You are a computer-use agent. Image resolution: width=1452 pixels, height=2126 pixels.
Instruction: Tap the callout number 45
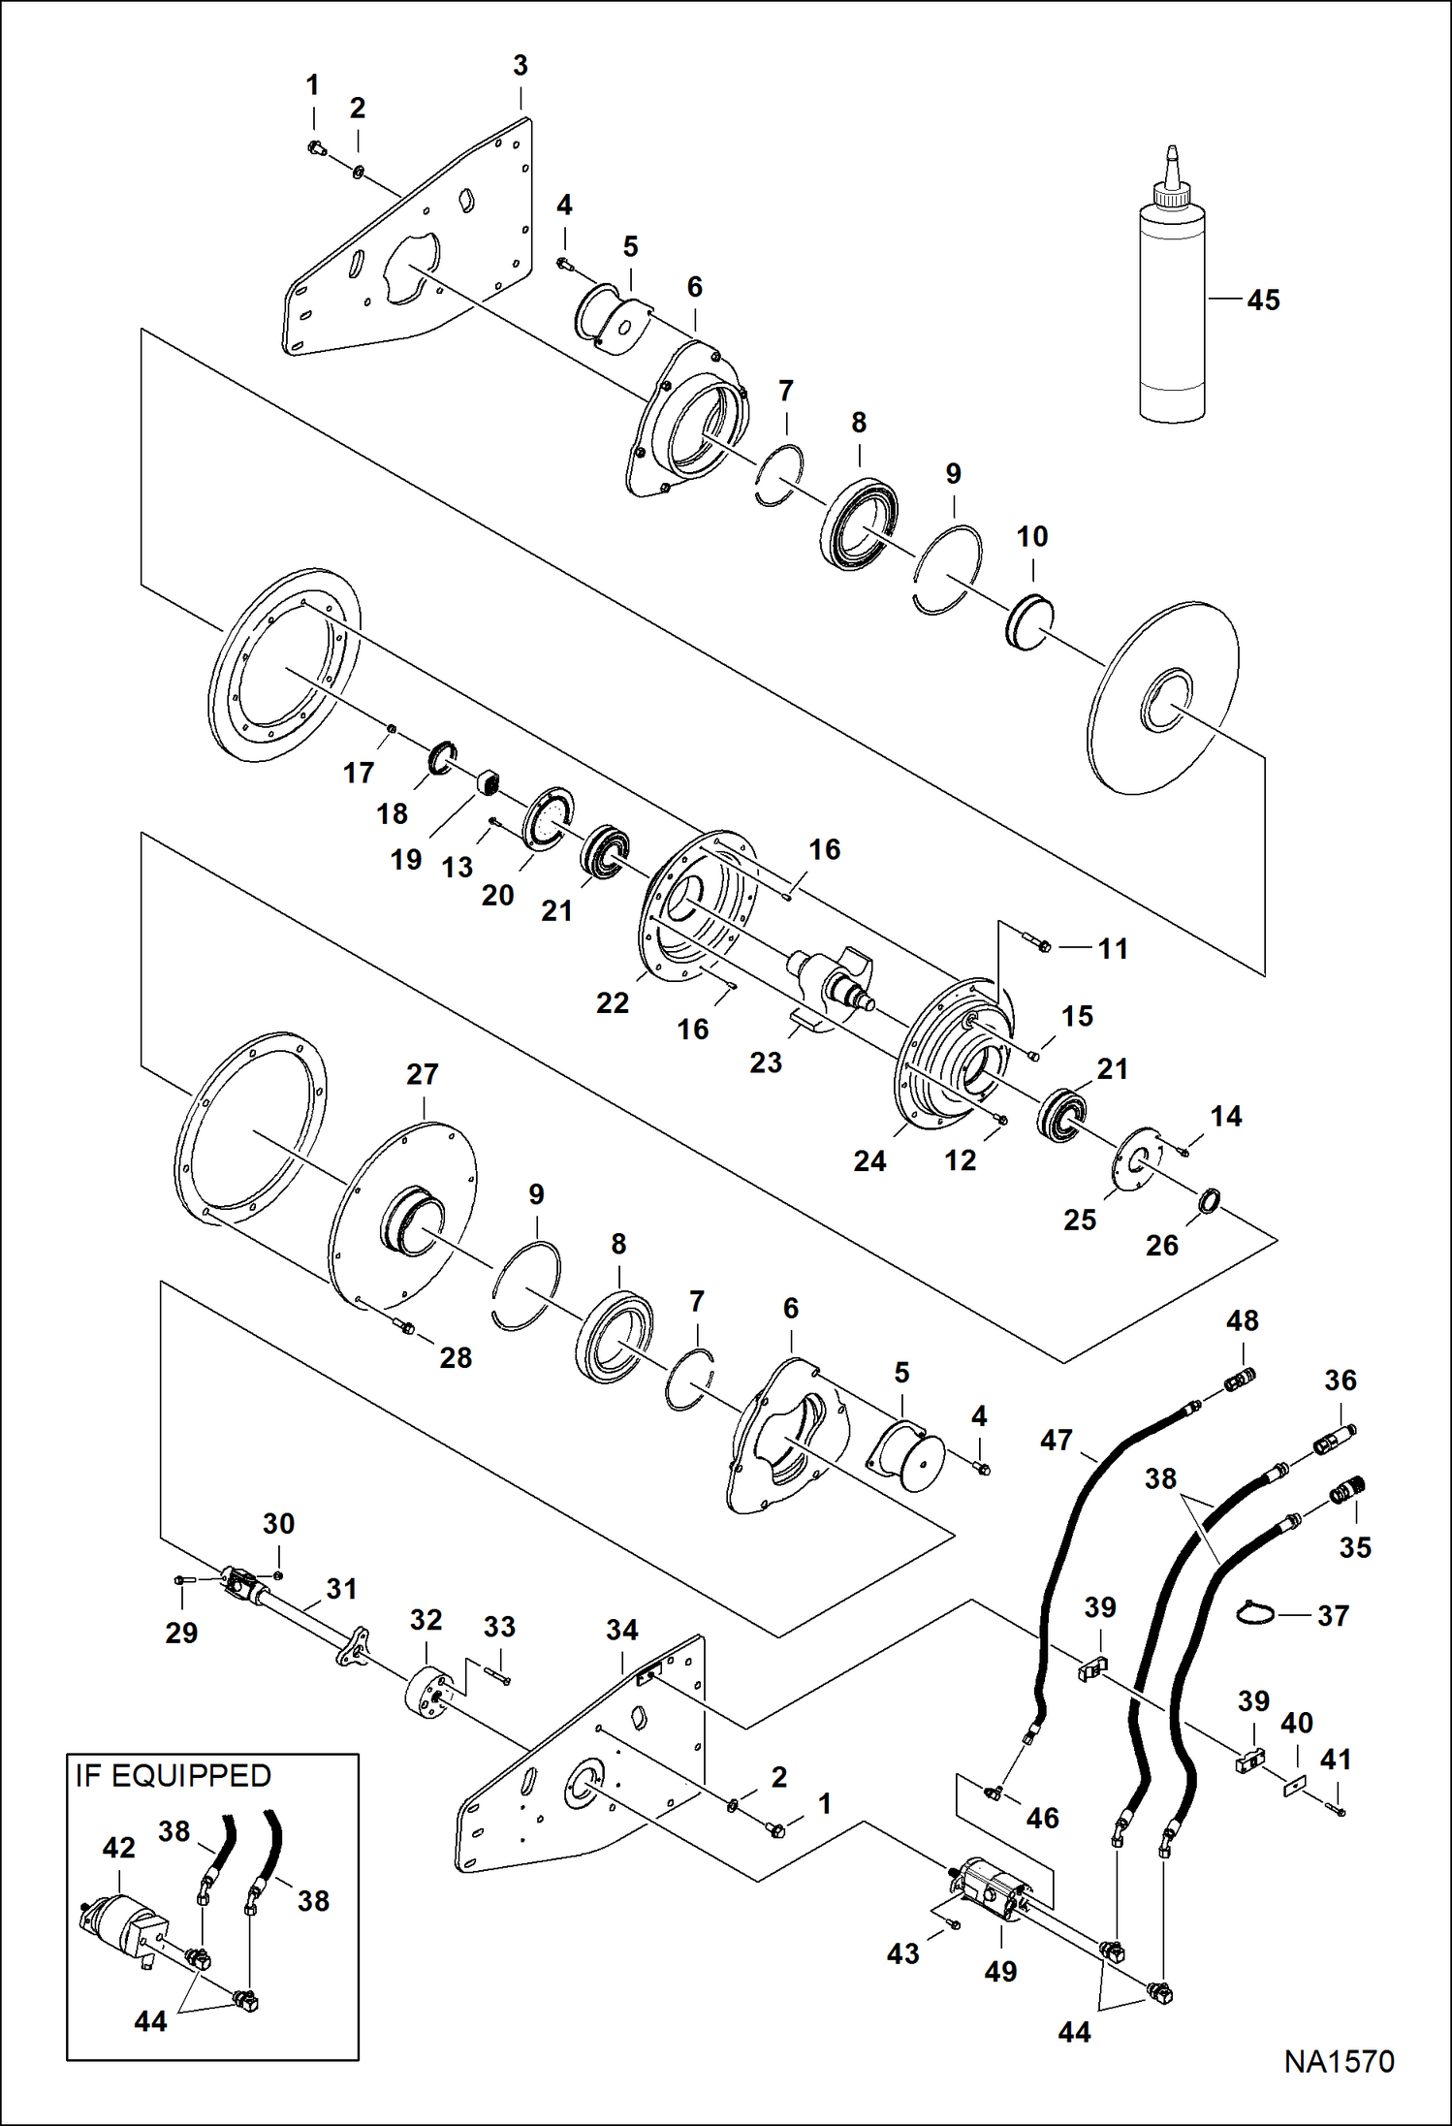point(1263,301)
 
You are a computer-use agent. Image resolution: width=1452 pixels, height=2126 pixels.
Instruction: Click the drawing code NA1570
point(1339,2088)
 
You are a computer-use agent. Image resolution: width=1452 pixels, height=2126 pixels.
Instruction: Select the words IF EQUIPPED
point(174,1776)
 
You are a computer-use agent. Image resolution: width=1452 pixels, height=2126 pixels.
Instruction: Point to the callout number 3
point(521,66)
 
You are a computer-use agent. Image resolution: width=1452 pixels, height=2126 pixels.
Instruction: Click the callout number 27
point(423,1074)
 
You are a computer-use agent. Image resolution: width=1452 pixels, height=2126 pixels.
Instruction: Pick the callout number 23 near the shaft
point(766,1063)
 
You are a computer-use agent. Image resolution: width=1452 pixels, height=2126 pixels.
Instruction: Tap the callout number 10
point(1032,536)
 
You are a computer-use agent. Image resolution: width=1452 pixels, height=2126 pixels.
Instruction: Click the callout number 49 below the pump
point(1000,1971)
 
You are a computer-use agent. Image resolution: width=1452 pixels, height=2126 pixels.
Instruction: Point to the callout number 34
point(622,1631)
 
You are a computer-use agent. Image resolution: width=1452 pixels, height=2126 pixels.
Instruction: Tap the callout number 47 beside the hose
point(1057,1441)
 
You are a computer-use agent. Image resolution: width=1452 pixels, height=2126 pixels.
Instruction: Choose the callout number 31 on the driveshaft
point(341,1589)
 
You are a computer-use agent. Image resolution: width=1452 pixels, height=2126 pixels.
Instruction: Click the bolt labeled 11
point(1035,939)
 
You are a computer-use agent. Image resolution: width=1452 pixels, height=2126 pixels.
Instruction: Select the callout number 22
point(613,1002)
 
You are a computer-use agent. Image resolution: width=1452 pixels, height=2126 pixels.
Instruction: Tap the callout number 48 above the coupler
point(1243,1320)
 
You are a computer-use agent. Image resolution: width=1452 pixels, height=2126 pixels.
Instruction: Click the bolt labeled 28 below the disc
point(404,1326)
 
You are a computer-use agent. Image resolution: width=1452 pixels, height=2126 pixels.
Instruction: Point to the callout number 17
point(359,773)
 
